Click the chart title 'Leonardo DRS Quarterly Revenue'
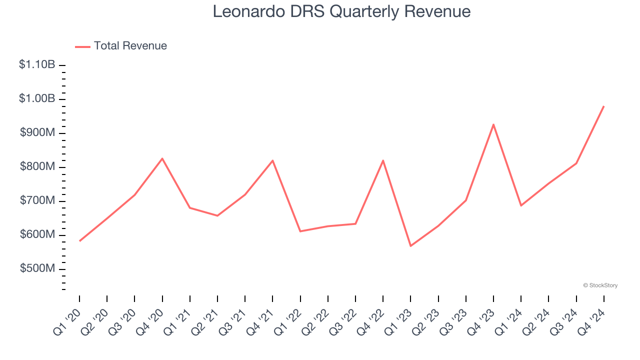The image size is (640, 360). tap(341, 11)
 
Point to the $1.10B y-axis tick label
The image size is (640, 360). tap(37, 64)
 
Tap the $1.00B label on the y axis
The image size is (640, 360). tap(37, 98)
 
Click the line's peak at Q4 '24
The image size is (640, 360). tap(603, 106)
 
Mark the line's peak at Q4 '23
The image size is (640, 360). tap(493, 124)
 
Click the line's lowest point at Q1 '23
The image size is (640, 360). tap(410, 246)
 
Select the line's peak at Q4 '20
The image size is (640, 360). tap(162, 158)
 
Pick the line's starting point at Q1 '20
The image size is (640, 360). tap(79, 241)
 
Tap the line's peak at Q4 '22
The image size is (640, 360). tap(383, 160)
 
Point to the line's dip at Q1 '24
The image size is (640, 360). tap(521, 205)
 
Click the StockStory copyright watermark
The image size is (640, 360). tap(600, 285)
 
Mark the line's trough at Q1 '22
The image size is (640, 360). tap(300, 231)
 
